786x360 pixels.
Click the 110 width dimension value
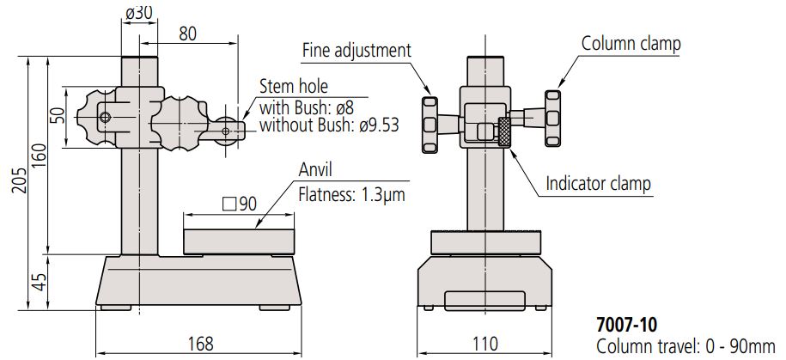(485, 345)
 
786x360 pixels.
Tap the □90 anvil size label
(240, 204)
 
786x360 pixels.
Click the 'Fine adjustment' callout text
(356, 50)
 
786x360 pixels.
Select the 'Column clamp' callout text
(631, 42)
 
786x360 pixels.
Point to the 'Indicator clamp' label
(598, 183)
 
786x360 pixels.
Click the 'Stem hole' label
(293, 88)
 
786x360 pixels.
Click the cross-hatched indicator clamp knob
(504, 133)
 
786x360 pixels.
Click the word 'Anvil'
(314, 170)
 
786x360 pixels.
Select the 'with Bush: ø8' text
(305, 107)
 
